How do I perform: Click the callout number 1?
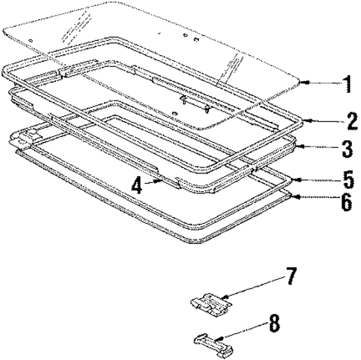tap(345, 83)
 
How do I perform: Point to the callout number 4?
tap(136, 184)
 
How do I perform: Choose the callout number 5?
tap(345, 181)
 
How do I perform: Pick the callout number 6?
tap(345, 203)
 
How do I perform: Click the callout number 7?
tap(291, 279)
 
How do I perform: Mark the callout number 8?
tap(274, 324)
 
